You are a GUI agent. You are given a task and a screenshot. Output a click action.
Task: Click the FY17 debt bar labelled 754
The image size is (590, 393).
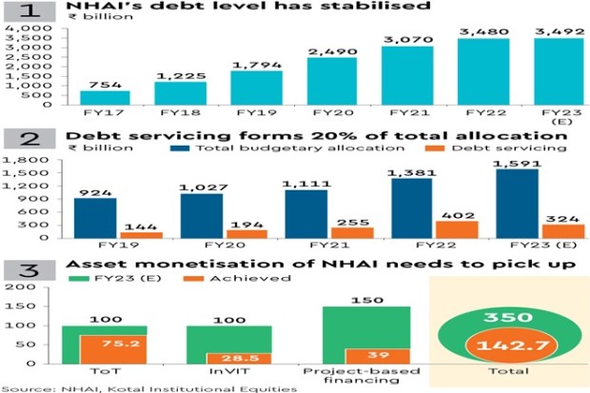105,99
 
